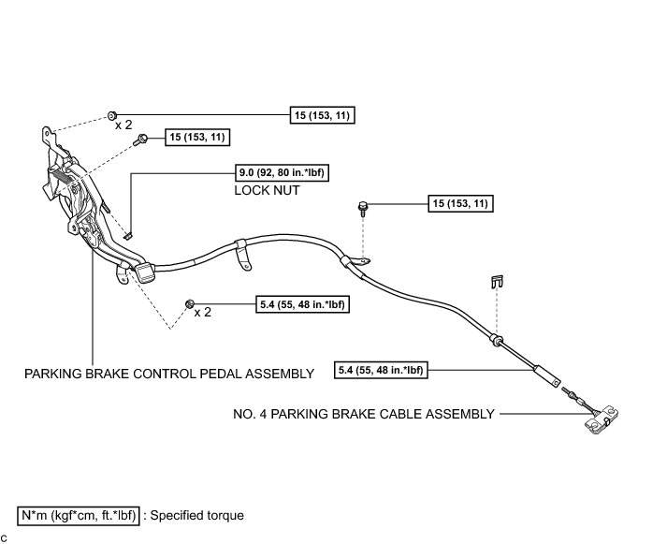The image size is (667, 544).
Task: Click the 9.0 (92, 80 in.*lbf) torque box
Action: [284, 172]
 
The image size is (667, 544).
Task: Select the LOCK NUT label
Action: [267, 189]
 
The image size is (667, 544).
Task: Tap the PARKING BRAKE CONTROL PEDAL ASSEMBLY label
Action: [168, 373]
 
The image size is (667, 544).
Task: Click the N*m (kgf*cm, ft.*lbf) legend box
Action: [80, 515]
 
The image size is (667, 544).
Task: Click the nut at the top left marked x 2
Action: [112, 112]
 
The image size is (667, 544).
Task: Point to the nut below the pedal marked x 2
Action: [190, 304]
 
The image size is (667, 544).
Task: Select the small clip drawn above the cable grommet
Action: [500, 280]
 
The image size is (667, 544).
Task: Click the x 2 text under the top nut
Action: [123, 125]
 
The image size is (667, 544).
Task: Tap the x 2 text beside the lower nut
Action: [203, 313]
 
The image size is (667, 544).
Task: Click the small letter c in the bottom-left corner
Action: [5, 537]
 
